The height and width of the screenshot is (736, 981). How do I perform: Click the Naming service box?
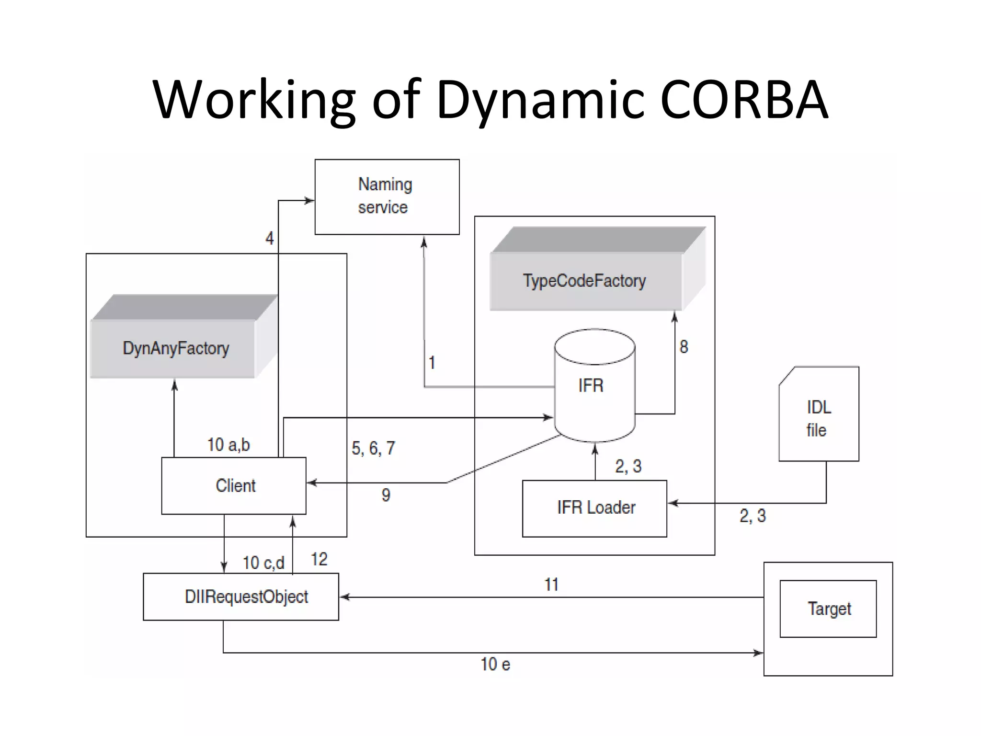click(387, 196)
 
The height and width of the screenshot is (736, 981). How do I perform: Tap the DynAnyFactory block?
click(175, 348)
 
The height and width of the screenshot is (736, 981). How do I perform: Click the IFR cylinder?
click(594, 385)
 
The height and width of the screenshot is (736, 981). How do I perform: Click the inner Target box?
click(828, 609)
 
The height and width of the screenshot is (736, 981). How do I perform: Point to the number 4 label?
click(270, 238)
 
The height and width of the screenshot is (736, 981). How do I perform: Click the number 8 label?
click(684, 347)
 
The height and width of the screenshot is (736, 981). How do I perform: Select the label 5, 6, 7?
click(373, 448)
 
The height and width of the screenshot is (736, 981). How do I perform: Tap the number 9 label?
click(386, 495)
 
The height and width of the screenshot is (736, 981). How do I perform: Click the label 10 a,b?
click(228, 445)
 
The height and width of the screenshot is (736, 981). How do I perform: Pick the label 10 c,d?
click(263, 563)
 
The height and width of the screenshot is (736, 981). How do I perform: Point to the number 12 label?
click(319, 559)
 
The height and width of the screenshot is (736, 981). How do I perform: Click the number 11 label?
click(551, 585)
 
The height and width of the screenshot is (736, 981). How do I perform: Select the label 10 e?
click(495, 665)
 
